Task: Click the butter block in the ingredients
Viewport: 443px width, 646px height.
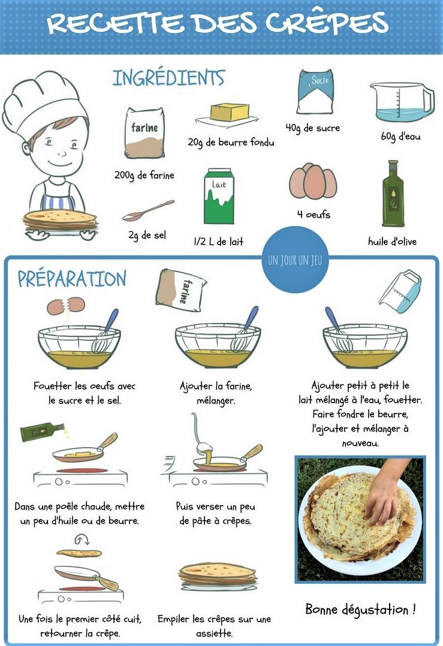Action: [230, 112]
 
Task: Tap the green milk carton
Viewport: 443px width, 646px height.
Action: [219, 197]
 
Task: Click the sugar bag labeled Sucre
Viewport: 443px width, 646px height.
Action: [315, 92]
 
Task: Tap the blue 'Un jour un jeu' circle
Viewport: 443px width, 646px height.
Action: [294, 260]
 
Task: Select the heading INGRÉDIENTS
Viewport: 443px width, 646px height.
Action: [168, 78]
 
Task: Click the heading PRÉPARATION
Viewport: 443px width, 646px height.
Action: [72, 279]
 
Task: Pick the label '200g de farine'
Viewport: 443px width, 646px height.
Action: [144, 176]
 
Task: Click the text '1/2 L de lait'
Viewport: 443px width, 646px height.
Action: [219, 242]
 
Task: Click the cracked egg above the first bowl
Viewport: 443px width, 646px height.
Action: [65, 306]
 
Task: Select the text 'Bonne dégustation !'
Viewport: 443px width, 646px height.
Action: [360, 610]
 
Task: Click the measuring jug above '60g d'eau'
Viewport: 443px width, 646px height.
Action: [401, 102]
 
